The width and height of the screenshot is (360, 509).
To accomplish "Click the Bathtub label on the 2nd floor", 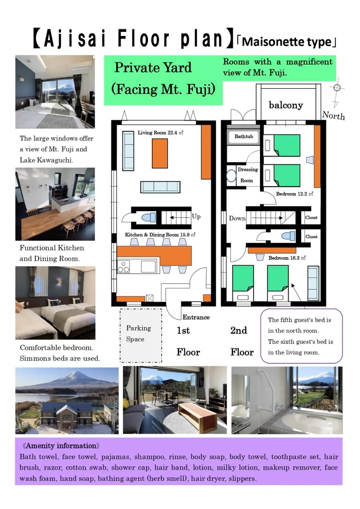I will (x=244, y=136).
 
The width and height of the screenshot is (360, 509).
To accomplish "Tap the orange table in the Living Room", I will (x=160, y=153).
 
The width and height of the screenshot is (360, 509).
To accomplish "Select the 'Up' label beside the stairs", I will (x=196, y=216).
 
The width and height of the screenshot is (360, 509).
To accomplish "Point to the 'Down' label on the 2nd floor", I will (x=237, y=218).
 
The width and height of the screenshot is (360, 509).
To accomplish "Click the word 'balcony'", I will (x=286, y=105).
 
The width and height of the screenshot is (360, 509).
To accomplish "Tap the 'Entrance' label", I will (x=196, y=317).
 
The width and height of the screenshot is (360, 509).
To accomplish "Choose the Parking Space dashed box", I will (x=141, y=335).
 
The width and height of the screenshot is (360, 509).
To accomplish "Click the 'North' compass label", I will (x=334, y=116).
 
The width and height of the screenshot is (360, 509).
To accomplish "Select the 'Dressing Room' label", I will (x=247, y=175).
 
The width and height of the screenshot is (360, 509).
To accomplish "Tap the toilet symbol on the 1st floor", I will (x=149, y=217).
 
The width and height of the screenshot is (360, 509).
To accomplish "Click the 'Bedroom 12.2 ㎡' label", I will (x=294, y=194).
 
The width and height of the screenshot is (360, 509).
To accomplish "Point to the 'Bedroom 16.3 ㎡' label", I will (x=287, y=258).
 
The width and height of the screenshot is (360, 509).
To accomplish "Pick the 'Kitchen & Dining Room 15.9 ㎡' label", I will (x=160, y=235).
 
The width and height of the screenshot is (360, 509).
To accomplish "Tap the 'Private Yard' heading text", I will (x=153, y=68).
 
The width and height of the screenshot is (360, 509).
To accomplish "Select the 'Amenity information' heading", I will (x=61, y=446).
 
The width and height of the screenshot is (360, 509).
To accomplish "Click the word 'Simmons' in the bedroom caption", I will (x=34, y=358).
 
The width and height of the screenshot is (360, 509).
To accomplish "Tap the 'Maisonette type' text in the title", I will (x=287, y=42).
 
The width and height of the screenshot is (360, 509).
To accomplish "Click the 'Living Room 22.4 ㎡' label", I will (x=160, y=133).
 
